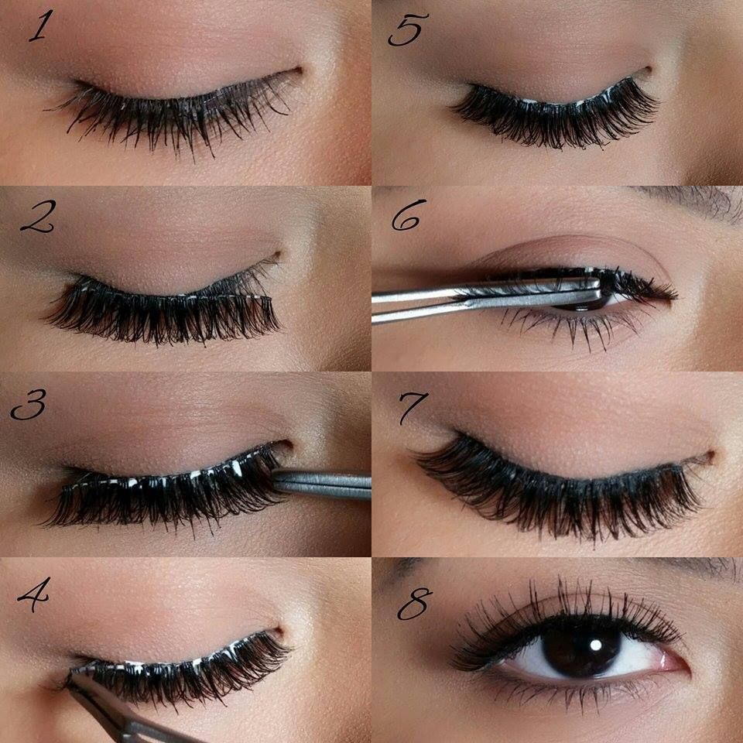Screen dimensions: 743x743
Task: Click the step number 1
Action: pyautogui.click(x=39, y=28)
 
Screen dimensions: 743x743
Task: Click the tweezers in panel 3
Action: pyautogui.click(x=325, y=485)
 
